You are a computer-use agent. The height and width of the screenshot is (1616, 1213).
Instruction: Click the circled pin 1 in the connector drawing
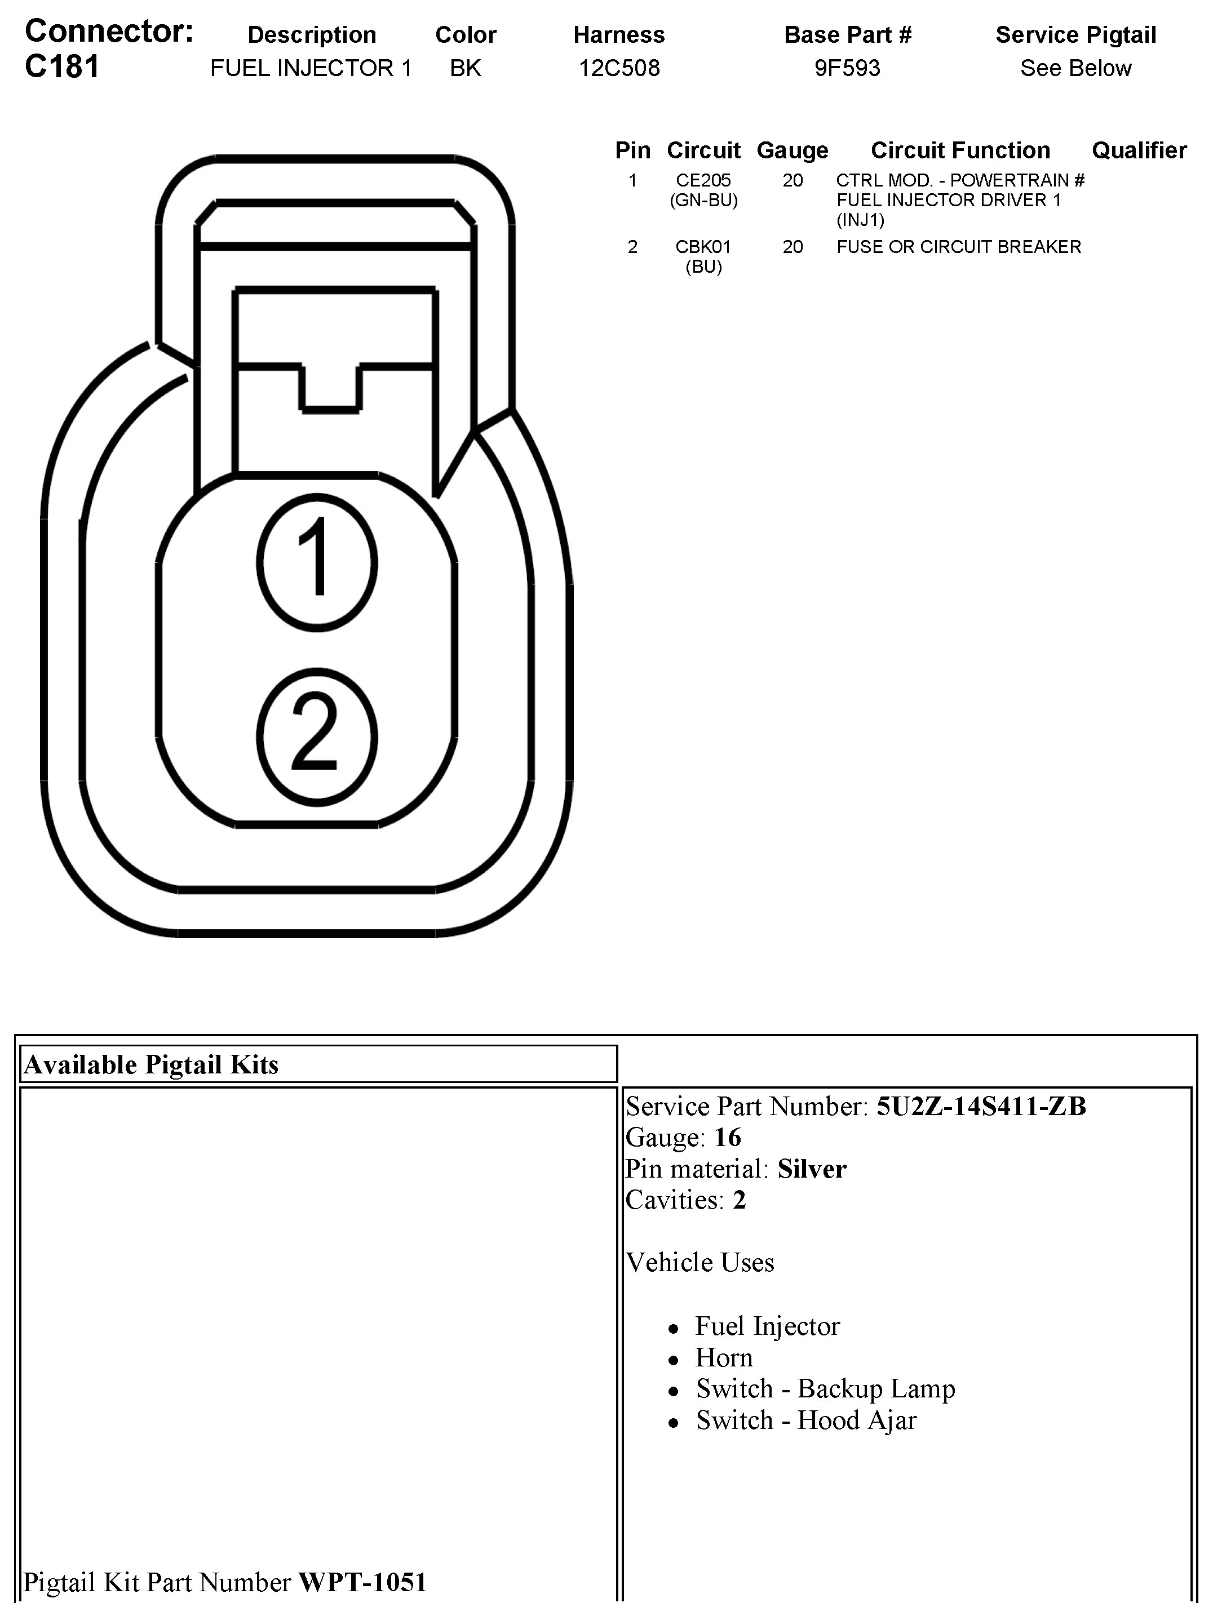(x=317, y=562)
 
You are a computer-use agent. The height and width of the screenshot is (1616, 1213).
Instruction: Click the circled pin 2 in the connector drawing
(x=317, y=736)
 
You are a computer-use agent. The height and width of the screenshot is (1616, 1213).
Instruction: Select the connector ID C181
(x=62, y=67)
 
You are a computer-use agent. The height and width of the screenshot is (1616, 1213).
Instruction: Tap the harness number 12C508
(x=619, y=68)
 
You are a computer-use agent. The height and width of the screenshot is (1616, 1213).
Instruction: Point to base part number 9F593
(x=847, y=68)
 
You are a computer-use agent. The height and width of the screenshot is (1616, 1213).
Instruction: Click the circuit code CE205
(x=703, y=180)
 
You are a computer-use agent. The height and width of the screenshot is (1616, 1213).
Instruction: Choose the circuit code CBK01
(x=703, y=247)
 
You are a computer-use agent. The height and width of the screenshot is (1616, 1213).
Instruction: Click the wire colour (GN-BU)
(x=703, y=200)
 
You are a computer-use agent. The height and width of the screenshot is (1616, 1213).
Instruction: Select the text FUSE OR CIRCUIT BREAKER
(x=958, y=247)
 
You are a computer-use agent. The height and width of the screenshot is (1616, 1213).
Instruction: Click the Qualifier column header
(x=1139, y=150)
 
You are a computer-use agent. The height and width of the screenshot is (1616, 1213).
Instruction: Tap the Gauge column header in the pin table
(x=792, y=150)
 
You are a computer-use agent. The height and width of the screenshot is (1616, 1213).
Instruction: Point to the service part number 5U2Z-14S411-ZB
(x=981, y=1107)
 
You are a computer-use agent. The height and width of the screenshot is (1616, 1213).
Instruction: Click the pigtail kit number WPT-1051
(x=362, y=1582)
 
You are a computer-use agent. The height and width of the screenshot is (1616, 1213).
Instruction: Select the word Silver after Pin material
(x=811, y=1170)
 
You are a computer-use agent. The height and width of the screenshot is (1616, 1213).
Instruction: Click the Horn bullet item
(x=723, y=1357)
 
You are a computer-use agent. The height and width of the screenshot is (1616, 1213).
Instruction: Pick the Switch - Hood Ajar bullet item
(x=805, y=1420)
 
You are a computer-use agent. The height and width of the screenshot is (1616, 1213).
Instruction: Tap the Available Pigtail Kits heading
(x=151, y=1065)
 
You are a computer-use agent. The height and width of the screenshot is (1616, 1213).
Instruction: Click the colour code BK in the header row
(x=466, y=68)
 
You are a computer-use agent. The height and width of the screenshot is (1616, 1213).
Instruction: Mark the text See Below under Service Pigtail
(x=1075, y=68)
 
